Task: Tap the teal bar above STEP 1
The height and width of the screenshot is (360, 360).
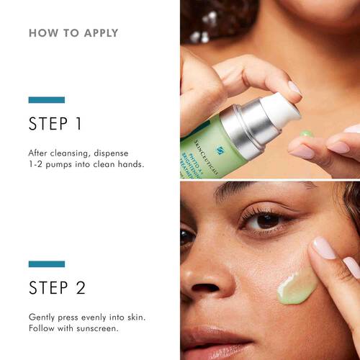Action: coord(46,99)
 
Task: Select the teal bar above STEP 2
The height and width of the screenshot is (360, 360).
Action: coord(46,264)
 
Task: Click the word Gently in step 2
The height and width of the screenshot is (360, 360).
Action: coord(44,317)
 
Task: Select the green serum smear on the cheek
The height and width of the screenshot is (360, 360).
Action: coord(297,285)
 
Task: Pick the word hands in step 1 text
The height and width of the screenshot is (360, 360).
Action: coord(131,164)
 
